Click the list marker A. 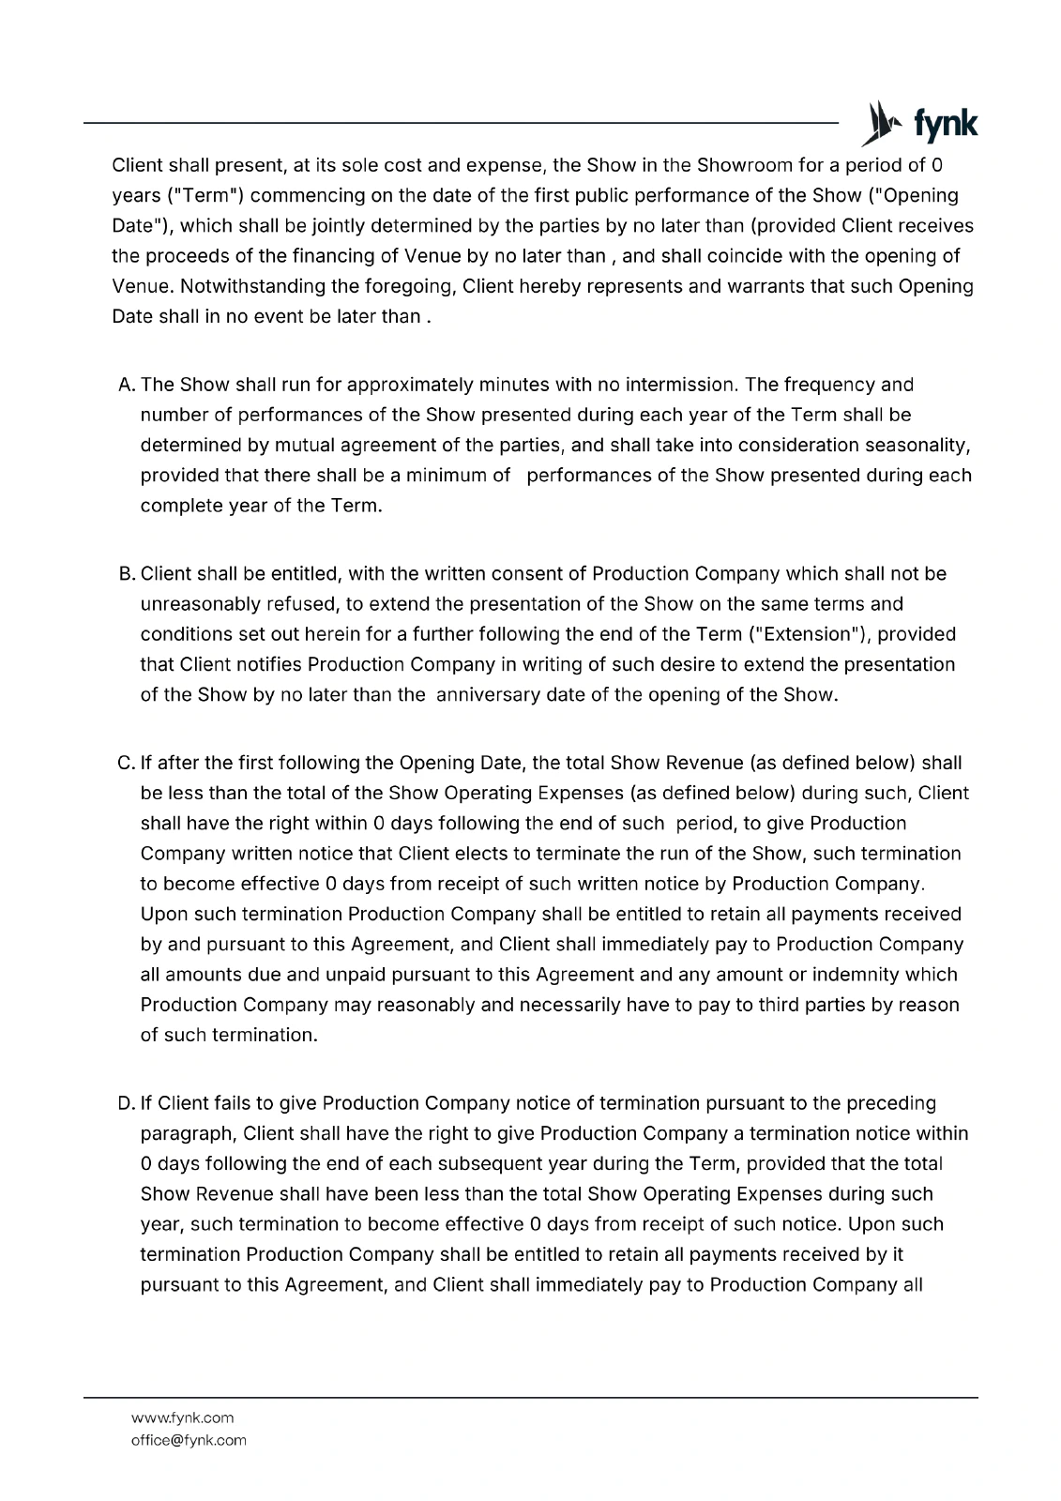point(128,385)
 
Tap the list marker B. point(128,573)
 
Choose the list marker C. point(128,763)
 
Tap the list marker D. point(128,1103)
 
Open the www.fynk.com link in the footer point(182,1418)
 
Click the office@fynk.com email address point(189,1440)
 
